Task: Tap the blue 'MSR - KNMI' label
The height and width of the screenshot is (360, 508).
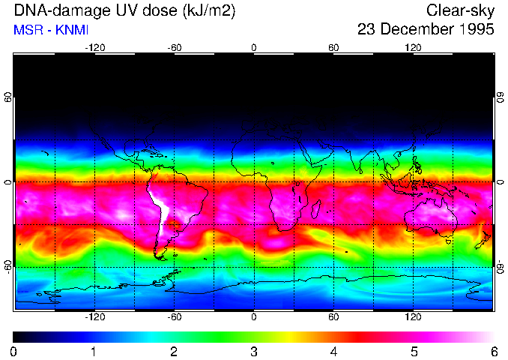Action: pyautogui.click(x=49, y=31)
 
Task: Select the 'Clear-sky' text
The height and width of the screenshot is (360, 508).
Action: pyautogui.click(x=460, y=10)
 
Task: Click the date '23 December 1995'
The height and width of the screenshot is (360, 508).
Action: pyautogui.click(x=426, y=30)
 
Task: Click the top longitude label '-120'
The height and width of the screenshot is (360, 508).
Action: pyautogui.click(x=94, y=47)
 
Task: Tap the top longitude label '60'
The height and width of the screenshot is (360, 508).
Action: pyautogui.click(x=333, y=47)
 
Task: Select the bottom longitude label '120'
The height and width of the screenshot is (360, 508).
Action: pyautogui.click(x=413, y=317)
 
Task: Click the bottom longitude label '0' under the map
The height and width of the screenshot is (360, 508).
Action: pyautogui.click(x=254, y=317)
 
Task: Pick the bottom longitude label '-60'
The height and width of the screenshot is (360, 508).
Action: pyautogui.click(x=174, y=317)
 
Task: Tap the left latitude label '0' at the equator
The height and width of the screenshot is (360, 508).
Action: pyautogui.click(x=8, y=182)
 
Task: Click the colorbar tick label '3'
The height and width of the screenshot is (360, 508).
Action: pyautogui.click(x=254, y=351)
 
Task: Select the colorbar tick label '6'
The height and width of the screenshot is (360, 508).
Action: pyautogui.click(x=493, y=351)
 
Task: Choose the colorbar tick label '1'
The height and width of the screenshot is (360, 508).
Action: pyautogui.click(x=94, y=351)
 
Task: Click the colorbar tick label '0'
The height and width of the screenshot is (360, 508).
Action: pyautogui.click(x=14, y=351)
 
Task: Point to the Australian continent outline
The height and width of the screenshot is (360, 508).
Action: pyautogui.click(x=431, y=217)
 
